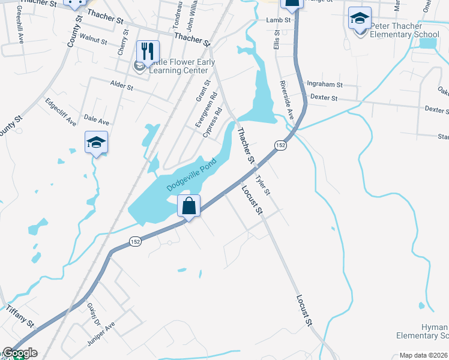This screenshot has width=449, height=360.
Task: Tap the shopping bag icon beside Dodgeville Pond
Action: pos(189,206)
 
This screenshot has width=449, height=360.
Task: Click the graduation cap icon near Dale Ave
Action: pos(96,143)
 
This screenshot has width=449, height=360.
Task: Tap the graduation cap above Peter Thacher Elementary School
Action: pos(360,19)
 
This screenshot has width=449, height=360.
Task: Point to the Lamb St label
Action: pos(279,20)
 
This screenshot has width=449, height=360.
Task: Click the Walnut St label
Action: pos(93,40)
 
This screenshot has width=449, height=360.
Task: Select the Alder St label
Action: pos(121,85)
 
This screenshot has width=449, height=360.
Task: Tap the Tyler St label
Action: pos(264,184)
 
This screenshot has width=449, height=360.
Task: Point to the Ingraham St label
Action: pos(324,85)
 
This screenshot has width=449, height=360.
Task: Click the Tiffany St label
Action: pos(17,316)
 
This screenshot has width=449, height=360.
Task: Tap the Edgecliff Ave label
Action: pos(61,111)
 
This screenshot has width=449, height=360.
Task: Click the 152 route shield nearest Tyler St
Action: pos(280,145)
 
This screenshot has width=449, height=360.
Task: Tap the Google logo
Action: pos(20,353)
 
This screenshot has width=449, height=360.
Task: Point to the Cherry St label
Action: pos(123,45)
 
